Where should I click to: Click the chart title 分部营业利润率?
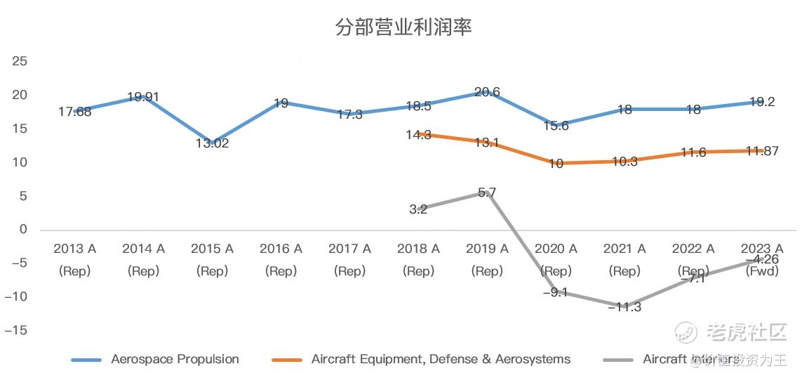403,27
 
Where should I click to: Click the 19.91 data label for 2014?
143,97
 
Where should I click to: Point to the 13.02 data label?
212,143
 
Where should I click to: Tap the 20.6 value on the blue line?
487,92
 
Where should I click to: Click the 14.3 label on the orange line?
418,135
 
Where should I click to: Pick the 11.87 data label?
761,151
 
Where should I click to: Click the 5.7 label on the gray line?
487,193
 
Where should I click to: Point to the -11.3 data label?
624,307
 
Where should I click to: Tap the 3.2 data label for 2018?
418,209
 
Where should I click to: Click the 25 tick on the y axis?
20,61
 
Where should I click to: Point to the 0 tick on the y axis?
23,229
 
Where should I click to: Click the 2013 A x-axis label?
74,249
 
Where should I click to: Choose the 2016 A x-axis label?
281,249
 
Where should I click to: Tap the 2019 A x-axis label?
487,249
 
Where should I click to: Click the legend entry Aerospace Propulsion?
175,359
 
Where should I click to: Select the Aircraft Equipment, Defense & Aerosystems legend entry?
441,359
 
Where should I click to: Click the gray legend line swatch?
617,360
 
